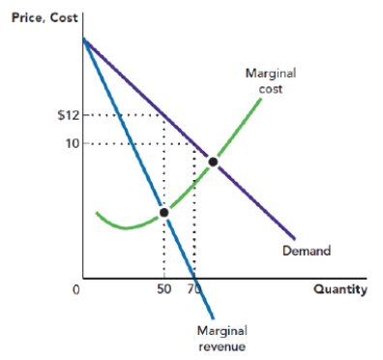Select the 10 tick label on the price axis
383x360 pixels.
70,143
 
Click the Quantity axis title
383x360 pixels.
339,288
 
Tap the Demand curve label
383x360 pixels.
307,251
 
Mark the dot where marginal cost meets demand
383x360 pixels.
213,161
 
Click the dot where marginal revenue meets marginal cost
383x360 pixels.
163,212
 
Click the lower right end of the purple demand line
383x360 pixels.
295,238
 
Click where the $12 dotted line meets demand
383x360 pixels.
163,115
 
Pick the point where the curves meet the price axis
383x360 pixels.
84,39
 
